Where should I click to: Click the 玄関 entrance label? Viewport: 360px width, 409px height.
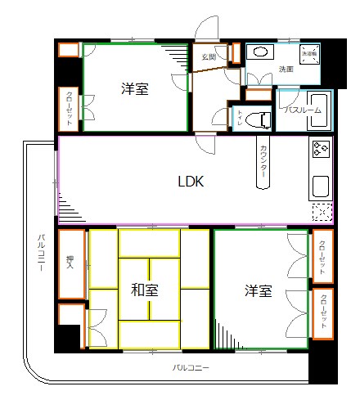[209, 56]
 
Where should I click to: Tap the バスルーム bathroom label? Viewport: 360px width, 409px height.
[295, 109]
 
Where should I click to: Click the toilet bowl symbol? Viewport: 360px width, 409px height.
[262, 119]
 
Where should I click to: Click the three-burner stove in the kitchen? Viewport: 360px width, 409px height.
[320, 150]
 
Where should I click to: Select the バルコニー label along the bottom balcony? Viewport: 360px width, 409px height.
[191, 368]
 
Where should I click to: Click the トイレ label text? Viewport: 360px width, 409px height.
[240, 118]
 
